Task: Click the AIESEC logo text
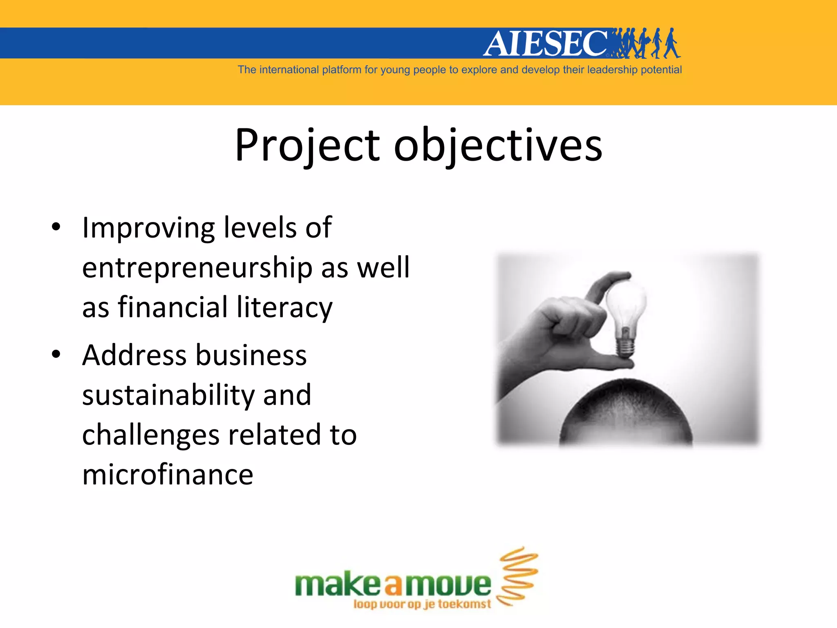546,43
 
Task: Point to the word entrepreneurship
197,268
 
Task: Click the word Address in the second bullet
134,355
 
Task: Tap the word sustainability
169,395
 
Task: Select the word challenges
151,435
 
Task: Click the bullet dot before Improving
56,227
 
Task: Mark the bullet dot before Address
56,354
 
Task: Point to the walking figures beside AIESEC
648,43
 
